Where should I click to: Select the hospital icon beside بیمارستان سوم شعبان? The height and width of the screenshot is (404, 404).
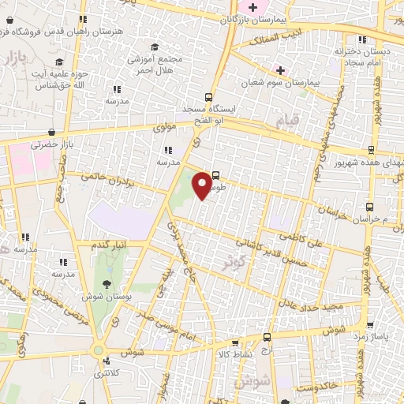[279, 69]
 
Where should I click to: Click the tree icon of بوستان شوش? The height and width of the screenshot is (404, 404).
[107, 285]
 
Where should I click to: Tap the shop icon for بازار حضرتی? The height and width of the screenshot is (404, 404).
[51, 132]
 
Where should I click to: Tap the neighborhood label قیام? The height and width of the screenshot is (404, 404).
[289, 120]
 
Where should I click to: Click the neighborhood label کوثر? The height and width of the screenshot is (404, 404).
[229, 263]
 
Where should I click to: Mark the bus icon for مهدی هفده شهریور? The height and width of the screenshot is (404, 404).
[371, 149]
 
